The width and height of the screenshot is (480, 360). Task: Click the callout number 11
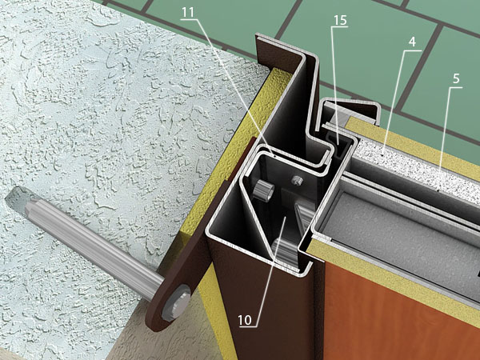tap(188, 13)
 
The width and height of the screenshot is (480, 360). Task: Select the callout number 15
tap(340, 20)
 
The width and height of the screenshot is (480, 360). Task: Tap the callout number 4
tap(412, 42)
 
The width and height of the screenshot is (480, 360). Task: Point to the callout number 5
tap(456, 79)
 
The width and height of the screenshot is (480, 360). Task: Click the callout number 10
tap(245, 320)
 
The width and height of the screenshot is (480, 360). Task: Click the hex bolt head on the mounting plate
tap(176, 302)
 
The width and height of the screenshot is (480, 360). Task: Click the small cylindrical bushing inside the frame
tap(263, 190)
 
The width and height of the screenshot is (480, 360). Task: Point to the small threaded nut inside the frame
tap(296, 180)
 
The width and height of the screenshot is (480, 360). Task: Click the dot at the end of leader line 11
tap(274, 155)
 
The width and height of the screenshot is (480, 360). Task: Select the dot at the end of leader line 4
tap(383, 155)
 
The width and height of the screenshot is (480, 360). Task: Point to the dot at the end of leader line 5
tap(438, 190)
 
